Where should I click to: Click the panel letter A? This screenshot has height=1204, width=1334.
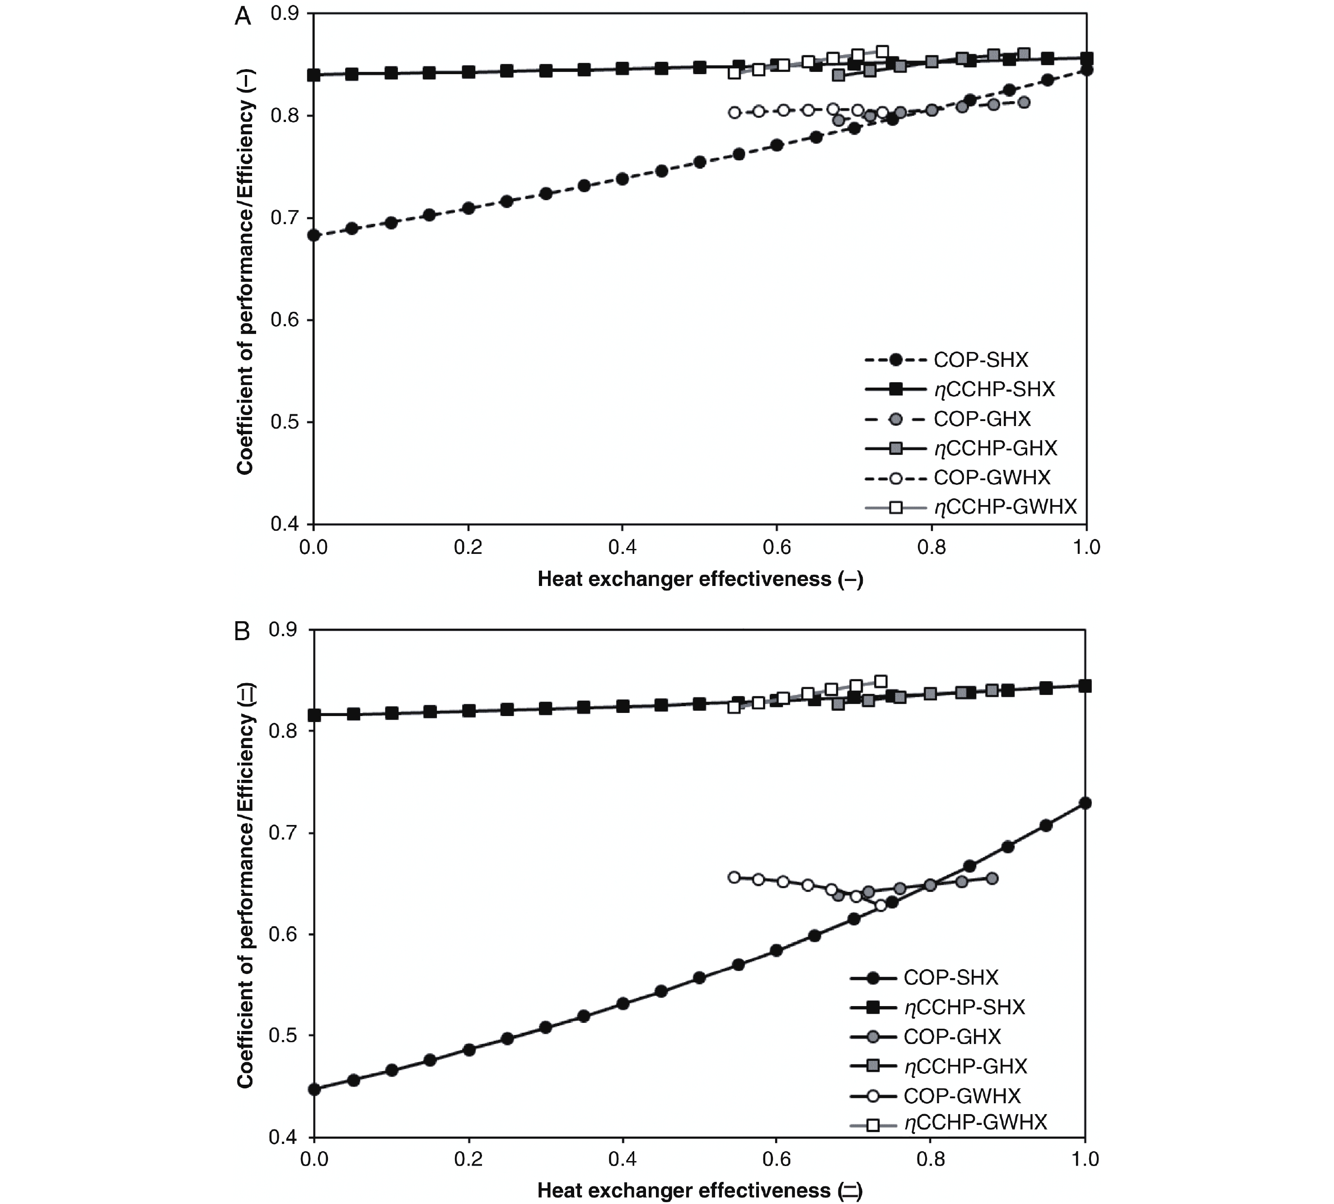pos(243,16)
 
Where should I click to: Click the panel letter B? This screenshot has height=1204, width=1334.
pos(243,631)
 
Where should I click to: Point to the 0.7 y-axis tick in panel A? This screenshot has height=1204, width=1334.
pos(285,218)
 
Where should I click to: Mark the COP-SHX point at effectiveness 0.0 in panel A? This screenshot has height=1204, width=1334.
pos(314,235)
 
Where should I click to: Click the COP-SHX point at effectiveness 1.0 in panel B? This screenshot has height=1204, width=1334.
pos(1085,803)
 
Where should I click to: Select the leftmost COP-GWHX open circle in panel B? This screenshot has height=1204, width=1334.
pos(734,877)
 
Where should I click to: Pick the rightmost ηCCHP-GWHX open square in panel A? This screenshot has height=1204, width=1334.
pos(882,51)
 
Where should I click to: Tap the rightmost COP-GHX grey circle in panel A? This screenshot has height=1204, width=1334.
pos(1024,102)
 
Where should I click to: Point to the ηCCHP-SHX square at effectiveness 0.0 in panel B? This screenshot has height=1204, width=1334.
pos(314,715)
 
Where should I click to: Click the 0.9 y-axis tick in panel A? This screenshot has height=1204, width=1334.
pos(285,14)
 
